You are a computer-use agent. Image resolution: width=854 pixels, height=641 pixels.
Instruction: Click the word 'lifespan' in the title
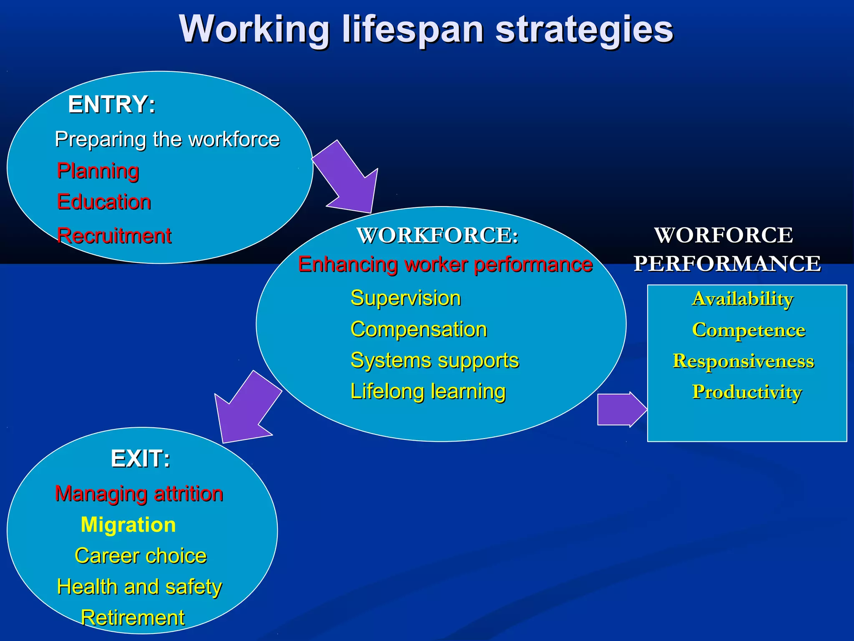coord(413,30)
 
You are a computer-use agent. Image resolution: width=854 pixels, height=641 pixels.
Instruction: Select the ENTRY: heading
coord(112,104)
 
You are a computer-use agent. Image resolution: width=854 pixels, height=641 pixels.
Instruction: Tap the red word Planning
coord(98,171)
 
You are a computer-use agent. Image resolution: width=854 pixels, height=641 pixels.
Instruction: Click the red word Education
coord(104,202)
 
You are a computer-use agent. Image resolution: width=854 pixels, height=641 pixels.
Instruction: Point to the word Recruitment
coord(114,236)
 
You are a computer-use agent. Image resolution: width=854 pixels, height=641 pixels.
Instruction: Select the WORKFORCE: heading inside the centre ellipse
coord(438,235)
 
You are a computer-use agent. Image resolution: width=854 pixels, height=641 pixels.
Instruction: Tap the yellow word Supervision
coord(406,298)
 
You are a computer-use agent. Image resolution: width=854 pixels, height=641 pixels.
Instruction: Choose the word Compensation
coord(419,330)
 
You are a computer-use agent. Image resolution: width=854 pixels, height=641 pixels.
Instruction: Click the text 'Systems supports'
coord(435,361)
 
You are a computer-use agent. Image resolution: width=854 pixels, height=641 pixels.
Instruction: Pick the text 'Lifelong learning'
coord(428,391)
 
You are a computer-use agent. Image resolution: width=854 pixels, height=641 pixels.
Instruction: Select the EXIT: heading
coord(141,459)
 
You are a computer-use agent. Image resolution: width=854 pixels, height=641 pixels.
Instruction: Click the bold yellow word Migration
coord(128,525)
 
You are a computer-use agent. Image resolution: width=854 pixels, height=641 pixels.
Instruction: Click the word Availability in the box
coord(743,299)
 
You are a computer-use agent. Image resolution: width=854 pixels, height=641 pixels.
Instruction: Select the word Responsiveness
coord(743,361)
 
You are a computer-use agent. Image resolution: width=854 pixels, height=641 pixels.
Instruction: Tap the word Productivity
coord(747,392)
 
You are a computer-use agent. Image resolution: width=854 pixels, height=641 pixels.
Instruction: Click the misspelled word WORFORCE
coord(723,235)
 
